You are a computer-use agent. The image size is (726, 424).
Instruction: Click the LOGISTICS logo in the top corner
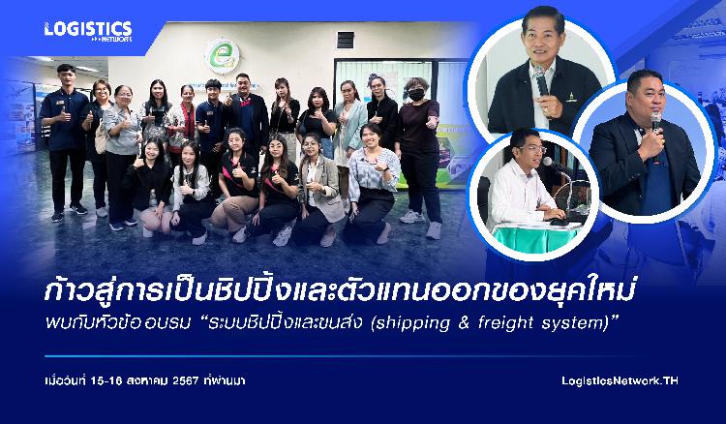pos(88,31)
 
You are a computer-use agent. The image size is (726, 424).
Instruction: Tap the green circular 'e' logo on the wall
pos(223,56)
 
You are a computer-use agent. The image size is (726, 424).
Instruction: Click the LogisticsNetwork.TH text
pos(620,380)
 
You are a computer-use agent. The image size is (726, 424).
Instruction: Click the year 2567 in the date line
pos(185,381)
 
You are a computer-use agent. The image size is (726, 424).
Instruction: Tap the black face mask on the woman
pos(416,95)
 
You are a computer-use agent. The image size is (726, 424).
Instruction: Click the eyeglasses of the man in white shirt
pos(533,149)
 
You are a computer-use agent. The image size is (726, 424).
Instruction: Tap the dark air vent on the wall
pos(346,41)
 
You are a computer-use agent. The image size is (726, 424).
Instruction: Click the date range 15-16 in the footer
pos(106,381)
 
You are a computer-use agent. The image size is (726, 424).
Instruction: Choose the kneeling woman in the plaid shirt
pos(372,183)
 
